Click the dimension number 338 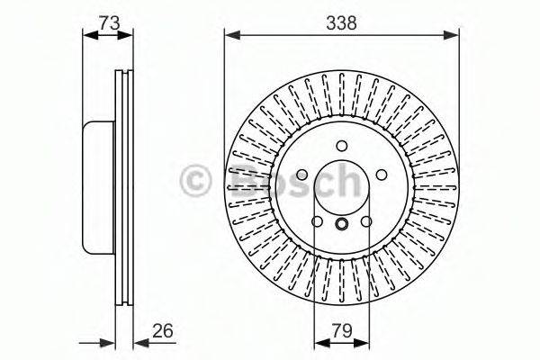pyautogui.click(x=342, y=24)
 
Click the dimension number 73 pyautogui.click(x=109, y=24)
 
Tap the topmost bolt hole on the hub pyautogui.click(x=341, y=147)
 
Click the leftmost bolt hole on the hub pyautogui.click(x=301, y=175)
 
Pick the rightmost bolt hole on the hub pyautogui.click(x=381, y=175)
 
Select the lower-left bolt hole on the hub pyautogui.click(x=317, y=222)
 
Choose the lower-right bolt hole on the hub pyautogui.click(x=366, y=222)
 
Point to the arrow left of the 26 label pyautogui.click(x=108, y=343)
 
